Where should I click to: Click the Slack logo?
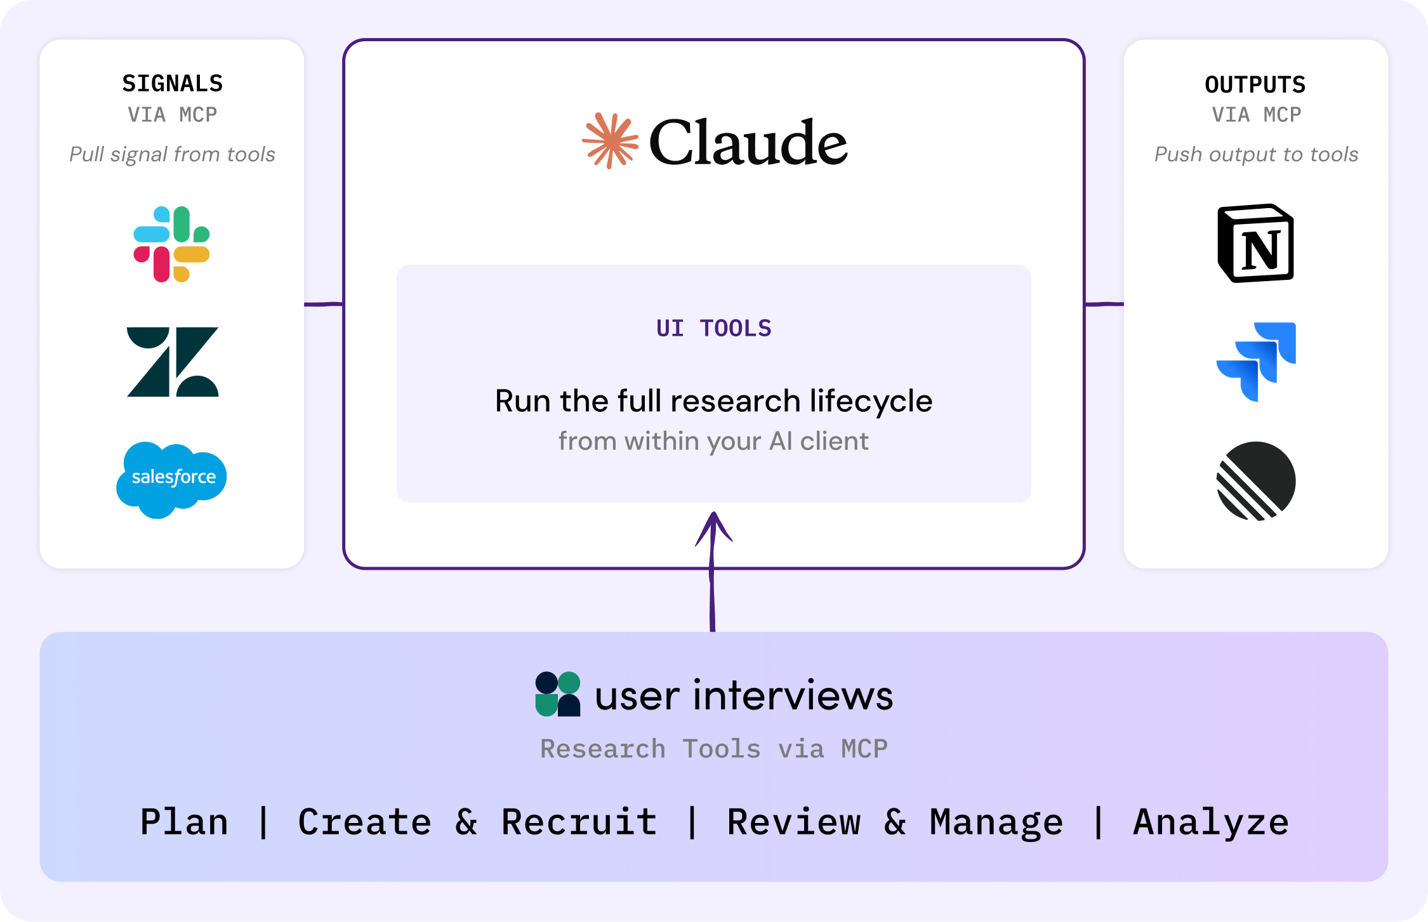[171, 244]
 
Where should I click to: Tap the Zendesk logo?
[173, 362]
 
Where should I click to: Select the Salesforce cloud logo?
[171, 478]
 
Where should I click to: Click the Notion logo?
[1255, 244]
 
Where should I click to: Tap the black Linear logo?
[1255, 481]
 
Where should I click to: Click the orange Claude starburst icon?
[610, 141]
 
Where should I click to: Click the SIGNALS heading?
[173, 84]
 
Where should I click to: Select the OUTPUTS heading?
[1255, 84]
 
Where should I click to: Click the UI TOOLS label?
[713, 328]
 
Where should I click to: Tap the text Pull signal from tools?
[172, 154]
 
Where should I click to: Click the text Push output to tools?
[1256, 154]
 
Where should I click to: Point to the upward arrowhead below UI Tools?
[714, 527]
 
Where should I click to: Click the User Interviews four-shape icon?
[558, 694]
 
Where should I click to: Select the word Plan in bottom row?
[184, 822]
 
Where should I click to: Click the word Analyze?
[1211, 822]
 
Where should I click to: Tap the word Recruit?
[579, 822]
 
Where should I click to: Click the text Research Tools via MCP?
[713, 749]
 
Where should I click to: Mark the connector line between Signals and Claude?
[324, 304]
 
